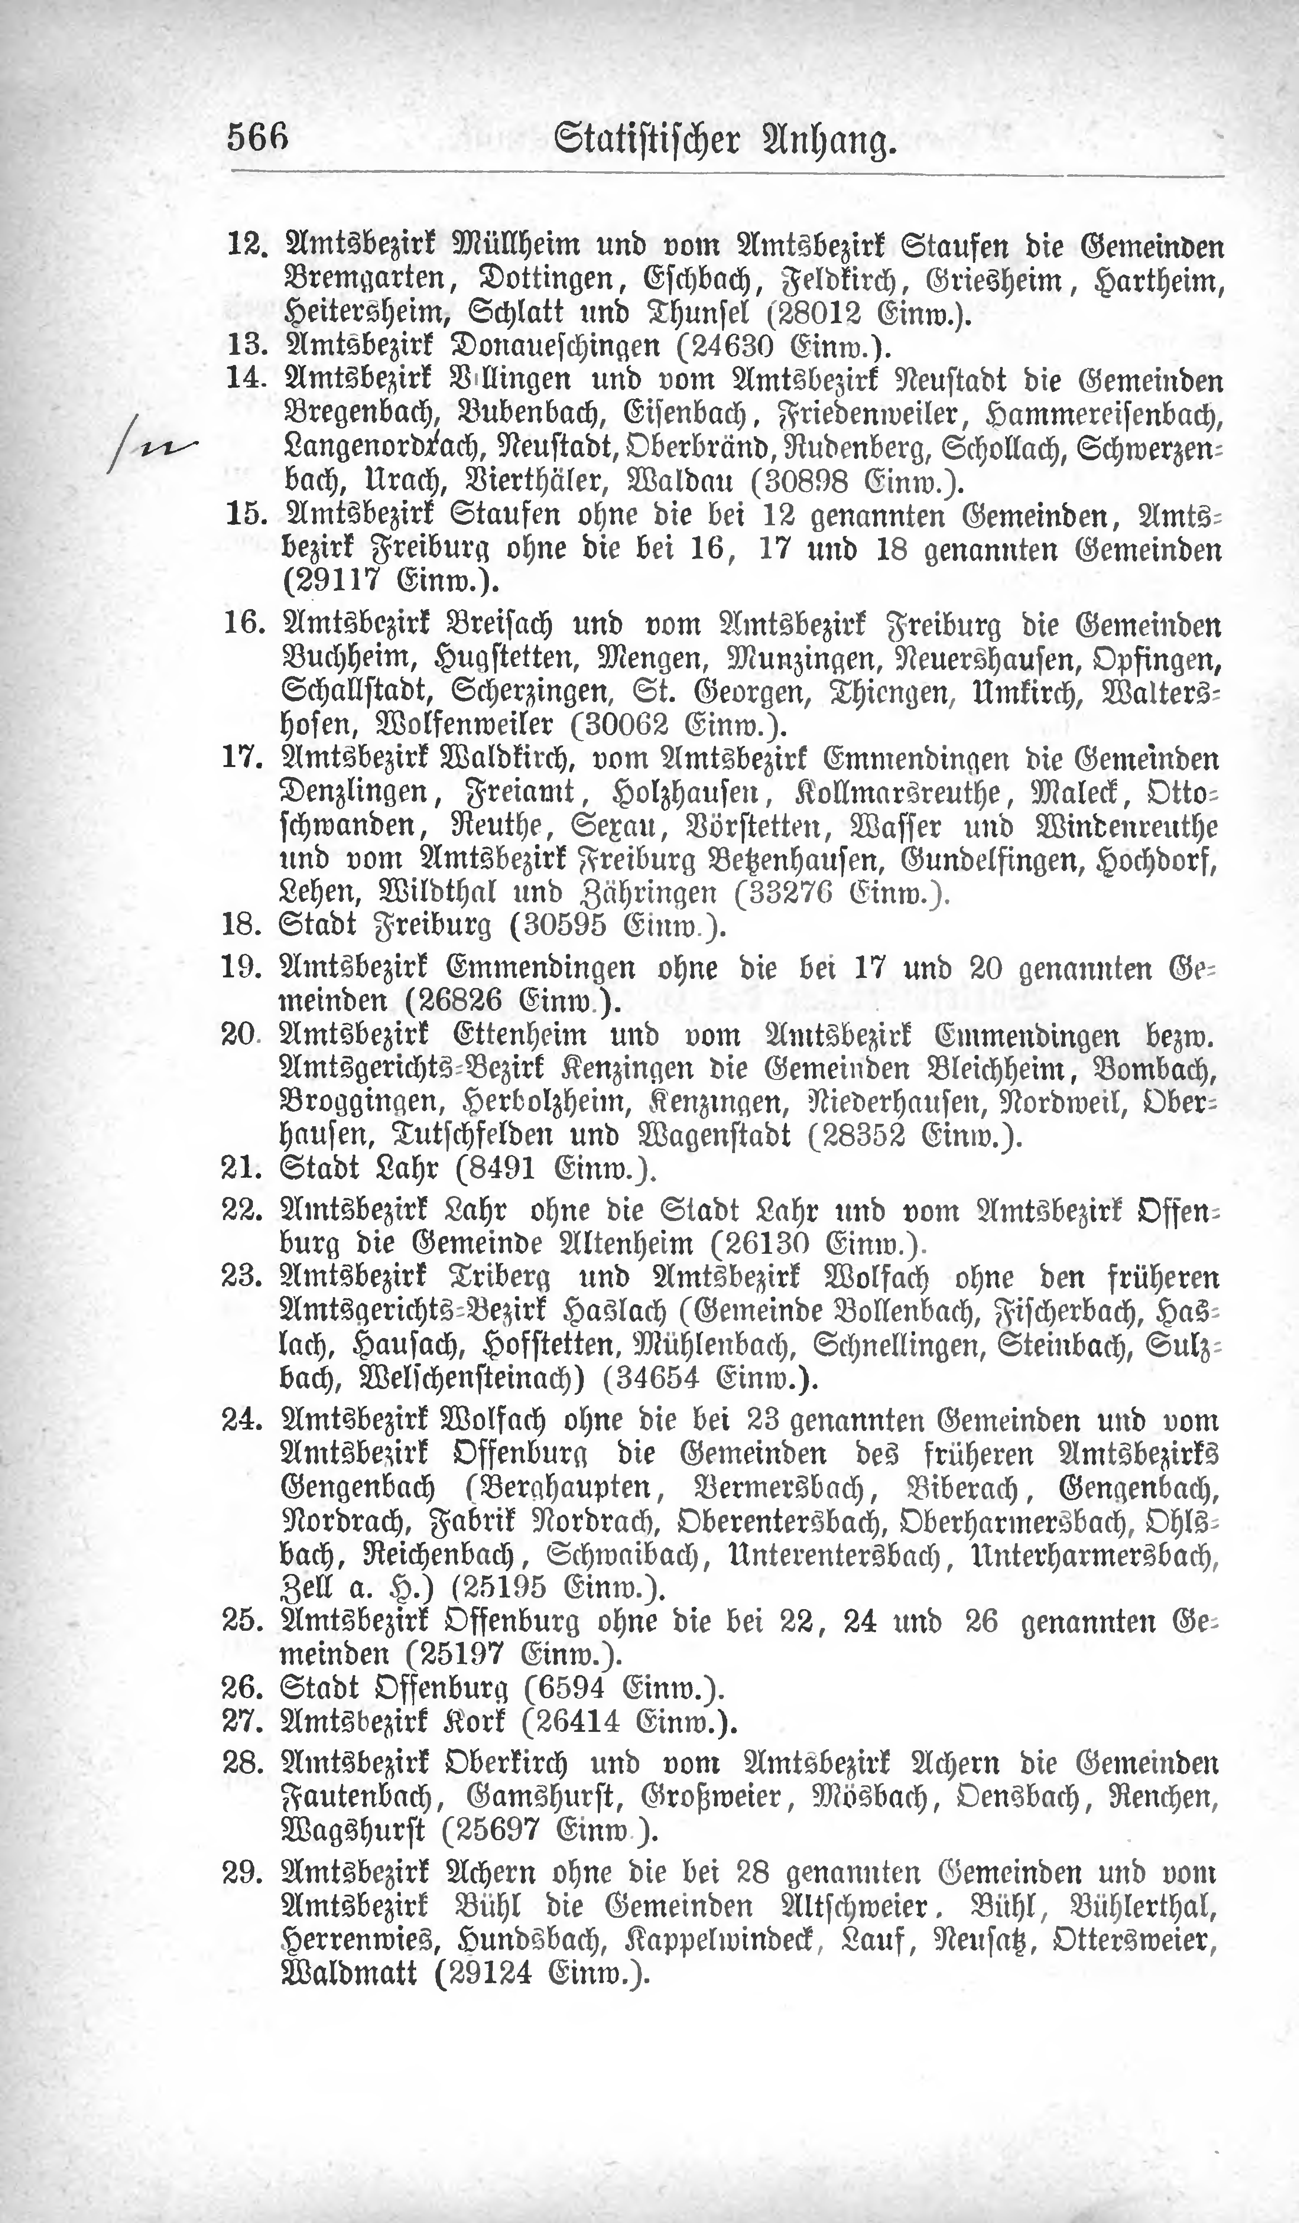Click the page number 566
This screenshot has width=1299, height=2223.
pyautogui.click(x=259, y=139)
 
